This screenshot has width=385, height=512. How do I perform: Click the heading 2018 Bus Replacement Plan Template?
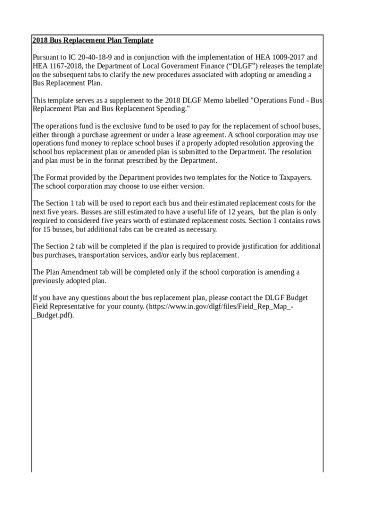[92, 40]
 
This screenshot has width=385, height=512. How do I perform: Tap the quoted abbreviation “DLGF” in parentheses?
[232, 66]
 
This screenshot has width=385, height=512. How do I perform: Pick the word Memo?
[215, 100]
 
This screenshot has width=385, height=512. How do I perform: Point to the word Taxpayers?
[295, 177]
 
